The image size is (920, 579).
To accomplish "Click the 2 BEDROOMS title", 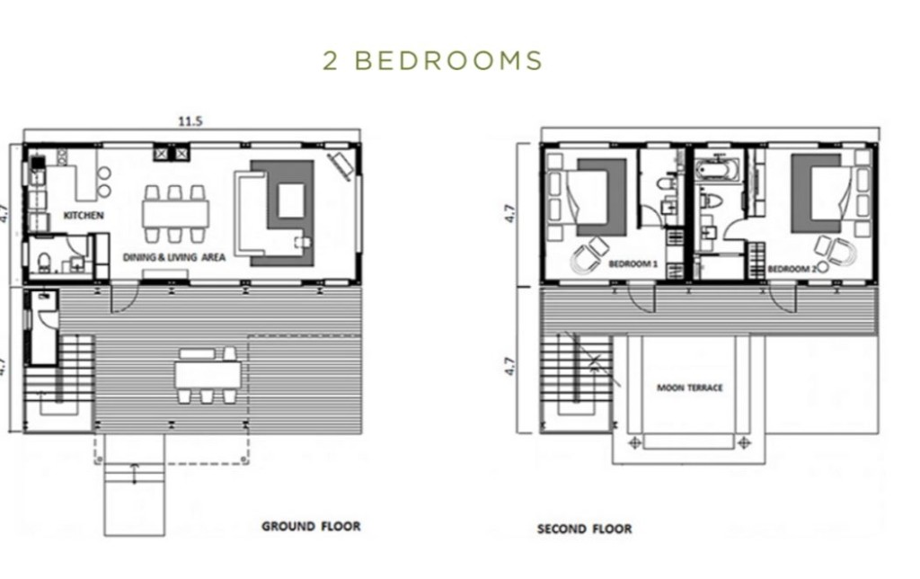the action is pyautogui.click(x=433, y=60).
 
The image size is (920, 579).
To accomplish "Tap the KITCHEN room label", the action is pyautogui.click(x=84, y=216).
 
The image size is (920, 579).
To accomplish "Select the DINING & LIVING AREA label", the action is pyautogui.click(x=174, y=256).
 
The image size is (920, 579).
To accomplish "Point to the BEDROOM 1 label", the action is pyautogui.click(x=633, y=263).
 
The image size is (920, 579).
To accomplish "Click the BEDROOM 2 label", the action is pyautogui.click(x=792, y=269).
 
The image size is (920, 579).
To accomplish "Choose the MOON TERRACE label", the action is pyautogui.click(x=690, y=387).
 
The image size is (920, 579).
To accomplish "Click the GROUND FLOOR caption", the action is pyautogui.click(x=311, y=526).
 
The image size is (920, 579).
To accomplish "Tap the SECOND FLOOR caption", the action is pyautogui.click(x=585, y=529).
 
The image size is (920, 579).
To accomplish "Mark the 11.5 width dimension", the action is pyautogui.click(x=190, y=121).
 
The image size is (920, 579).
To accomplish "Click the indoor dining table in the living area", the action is pyautogui.click(x=175, y=214).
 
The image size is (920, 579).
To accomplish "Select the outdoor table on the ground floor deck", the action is pyautogui.click(x=208, y=375).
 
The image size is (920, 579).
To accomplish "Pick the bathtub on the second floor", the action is pyautogui.click(x=718, y=168).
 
